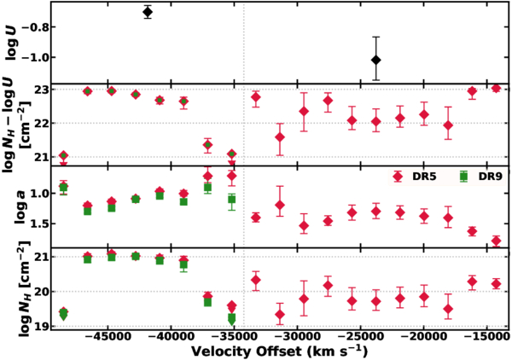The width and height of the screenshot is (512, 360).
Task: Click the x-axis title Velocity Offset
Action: pyautogui.click(x=277, y=351)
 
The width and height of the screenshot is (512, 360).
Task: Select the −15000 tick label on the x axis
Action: pyautogui.click(x=489, y=336)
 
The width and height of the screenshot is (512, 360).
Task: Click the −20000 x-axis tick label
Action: pyautogui.click(x=425, y=336)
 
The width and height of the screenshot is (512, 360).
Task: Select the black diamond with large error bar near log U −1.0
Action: pyautogui.click(x=376, y=59)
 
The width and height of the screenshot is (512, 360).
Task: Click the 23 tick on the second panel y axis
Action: pyautogui.click(x=39, y=89)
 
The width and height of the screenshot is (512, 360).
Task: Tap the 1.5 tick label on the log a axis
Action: pyautogui.click(x=36, y=224)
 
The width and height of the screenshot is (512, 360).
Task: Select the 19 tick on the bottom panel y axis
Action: pyautogui.click(x=39, y=326)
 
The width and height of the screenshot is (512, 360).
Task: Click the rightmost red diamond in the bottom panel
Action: pyautogui.click(x=496, y=284)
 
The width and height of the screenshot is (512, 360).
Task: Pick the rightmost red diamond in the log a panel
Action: pyautogui.click(x=496, y=241)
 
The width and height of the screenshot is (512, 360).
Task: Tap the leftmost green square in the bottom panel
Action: pyautogui.click(x=63, y=315)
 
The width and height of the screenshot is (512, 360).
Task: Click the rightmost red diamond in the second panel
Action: pyautogui.click(x=496, y=88)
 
